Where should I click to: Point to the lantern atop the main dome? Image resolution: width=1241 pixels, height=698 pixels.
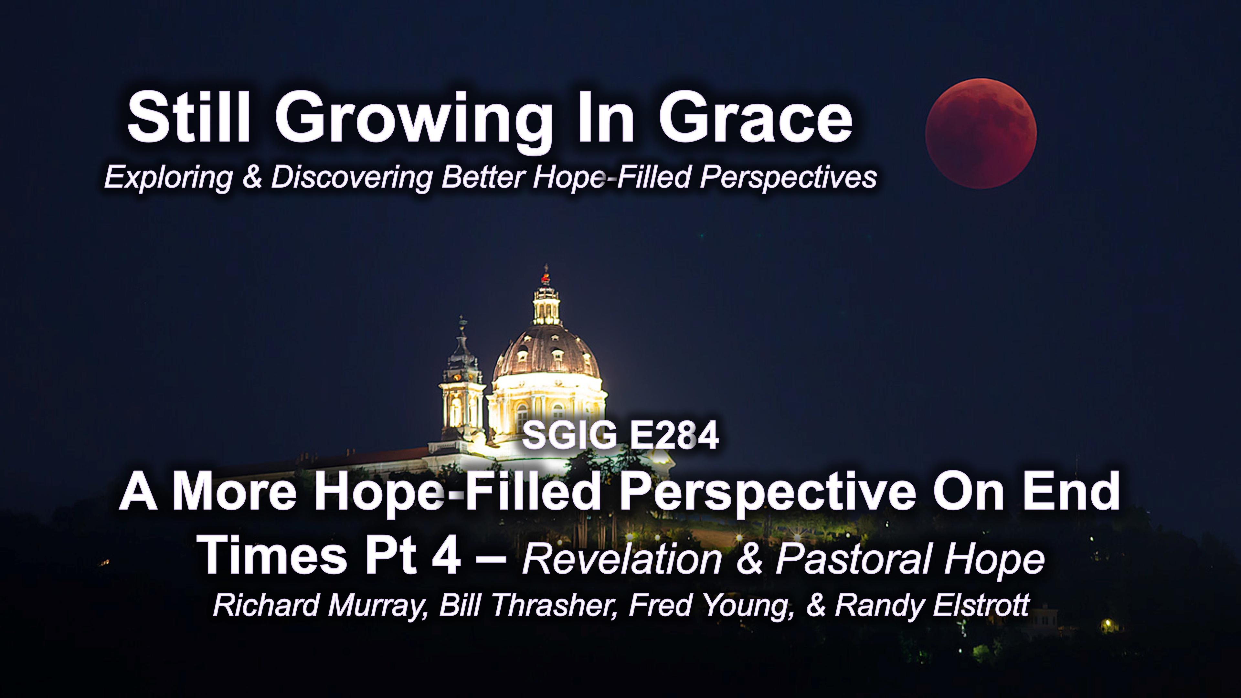546,301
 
